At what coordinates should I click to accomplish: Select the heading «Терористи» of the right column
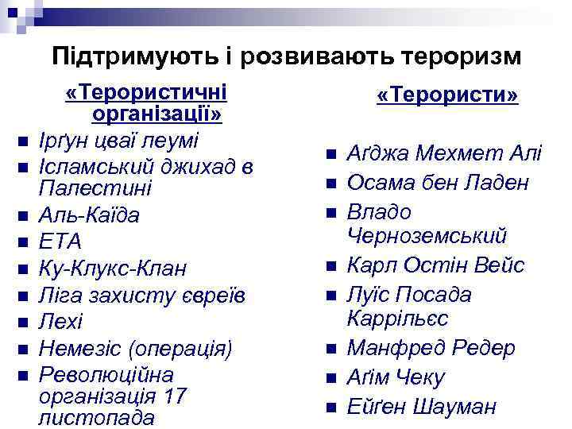(447, 95)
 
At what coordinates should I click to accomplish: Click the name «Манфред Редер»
(431, 348)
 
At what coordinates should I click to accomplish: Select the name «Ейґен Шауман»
(422, 407)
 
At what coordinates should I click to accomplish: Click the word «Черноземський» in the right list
(427, 236)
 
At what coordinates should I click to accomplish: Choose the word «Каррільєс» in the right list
(398, 319)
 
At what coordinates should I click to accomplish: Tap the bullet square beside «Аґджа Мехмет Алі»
(331, 154)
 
